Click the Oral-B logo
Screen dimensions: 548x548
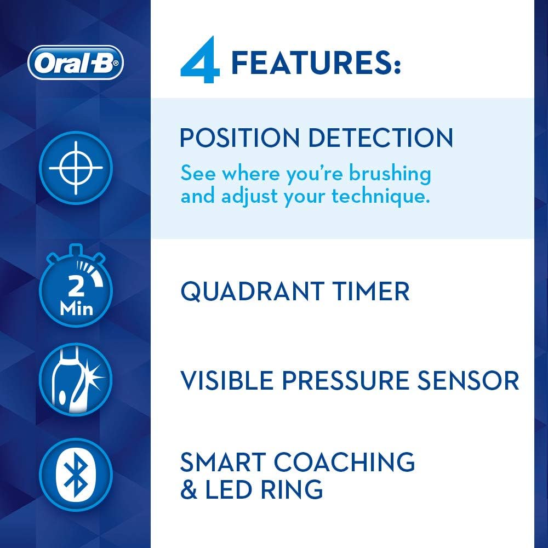(x=76, y=62)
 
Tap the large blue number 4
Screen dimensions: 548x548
(x=200, y=60)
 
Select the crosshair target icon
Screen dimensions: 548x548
(x=76, y=168)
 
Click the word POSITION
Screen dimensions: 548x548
(x=239, y=138)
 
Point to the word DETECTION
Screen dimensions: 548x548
(x=381, y=138)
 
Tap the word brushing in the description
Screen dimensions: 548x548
(x=390, y=174)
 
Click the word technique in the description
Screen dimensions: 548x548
(x=381, y=196)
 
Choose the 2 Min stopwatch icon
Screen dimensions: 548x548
(x=76, y=286)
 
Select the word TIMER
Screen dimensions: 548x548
(x=371, y=292)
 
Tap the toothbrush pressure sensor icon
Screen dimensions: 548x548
(x=76, y=380)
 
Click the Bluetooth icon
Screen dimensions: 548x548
(x=76, y=475)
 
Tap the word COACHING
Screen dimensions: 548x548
(x=344, y=462)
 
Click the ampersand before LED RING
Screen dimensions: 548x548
(x=189, y=489)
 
